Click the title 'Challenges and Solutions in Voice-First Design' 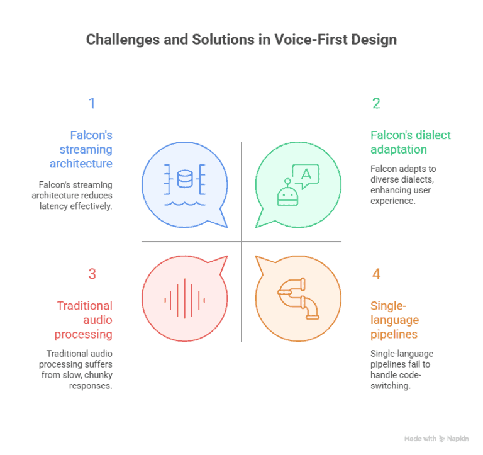[241, 40]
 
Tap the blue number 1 [92, 104]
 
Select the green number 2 [376, 104]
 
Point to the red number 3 [92, 274]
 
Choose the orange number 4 [376, 274]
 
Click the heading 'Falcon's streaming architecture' [84, 149]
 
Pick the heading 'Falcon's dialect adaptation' [410, 142]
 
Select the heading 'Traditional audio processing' [84, 320]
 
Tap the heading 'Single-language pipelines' [394, 320]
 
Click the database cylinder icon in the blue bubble [184, 179]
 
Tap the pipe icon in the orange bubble [298, 297]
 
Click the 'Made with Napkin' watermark [436, 438]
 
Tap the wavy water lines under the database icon [184, 203]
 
